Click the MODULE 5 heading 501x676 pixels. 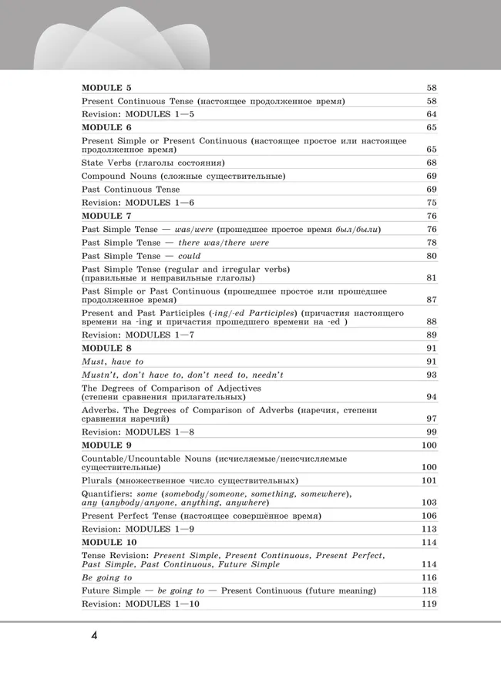106,88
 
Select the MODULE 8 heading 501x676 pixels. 106,348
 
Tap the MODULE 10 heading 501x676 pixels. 109,542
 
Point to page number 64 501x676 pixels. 431,114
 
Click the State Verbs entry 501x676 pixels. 153,163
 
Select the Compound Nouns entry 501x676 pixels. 183,176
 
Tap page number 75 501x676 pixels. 431,202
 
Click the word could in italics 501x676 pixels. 189,255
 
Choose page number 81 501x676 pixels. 431,277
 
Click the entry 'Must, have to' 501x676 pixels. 113,361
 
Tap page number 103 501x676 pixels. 429,502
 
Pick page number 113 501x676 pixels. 429,529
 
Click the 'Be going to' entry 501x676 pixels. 106,577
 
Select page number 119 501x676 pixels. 429,604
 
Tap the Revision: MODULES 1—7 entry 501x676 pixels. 138,335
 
